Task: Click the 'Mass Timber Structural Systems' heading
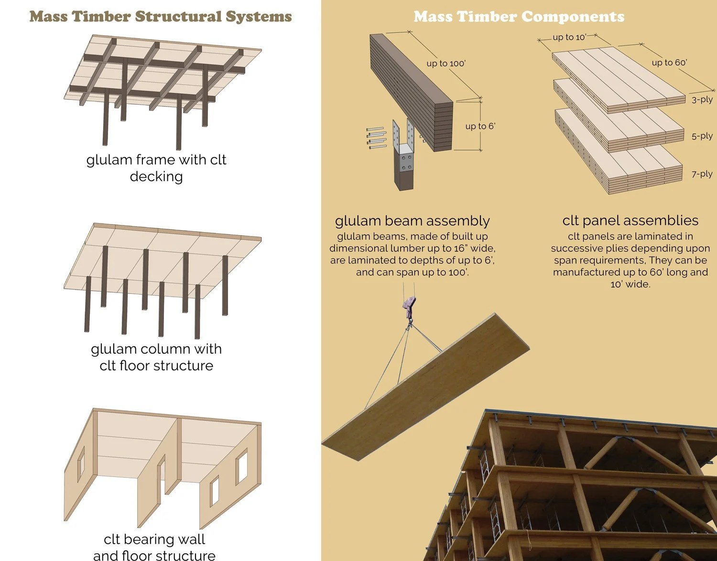tap(161, 17)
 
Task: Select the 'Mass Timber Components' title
tap(519, 17)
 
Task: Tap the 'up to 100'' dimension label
tap(446, 64)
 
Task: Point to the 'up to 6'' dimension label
tap(480, 126)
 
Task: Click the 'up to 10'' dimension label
tap(569, 37)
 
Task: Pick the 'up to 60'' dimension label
tap(669, 63)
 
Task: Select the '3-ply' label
tap(702, 99)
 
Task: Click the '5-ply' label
tap(702, 136)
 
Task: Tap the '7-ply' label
tap(702, 174)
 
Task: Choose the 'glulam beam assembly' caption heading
tap(412, 221)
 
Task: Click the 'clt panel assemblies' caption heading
tap(630, 220)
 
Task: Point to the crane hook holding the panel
tap(409, 307)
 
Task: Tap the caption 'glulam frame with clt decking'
tap(156, 168)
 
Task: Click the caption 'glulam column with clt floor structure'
tap(156, 357)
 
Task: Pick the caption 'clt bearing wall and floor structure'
tap(154, 547)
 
